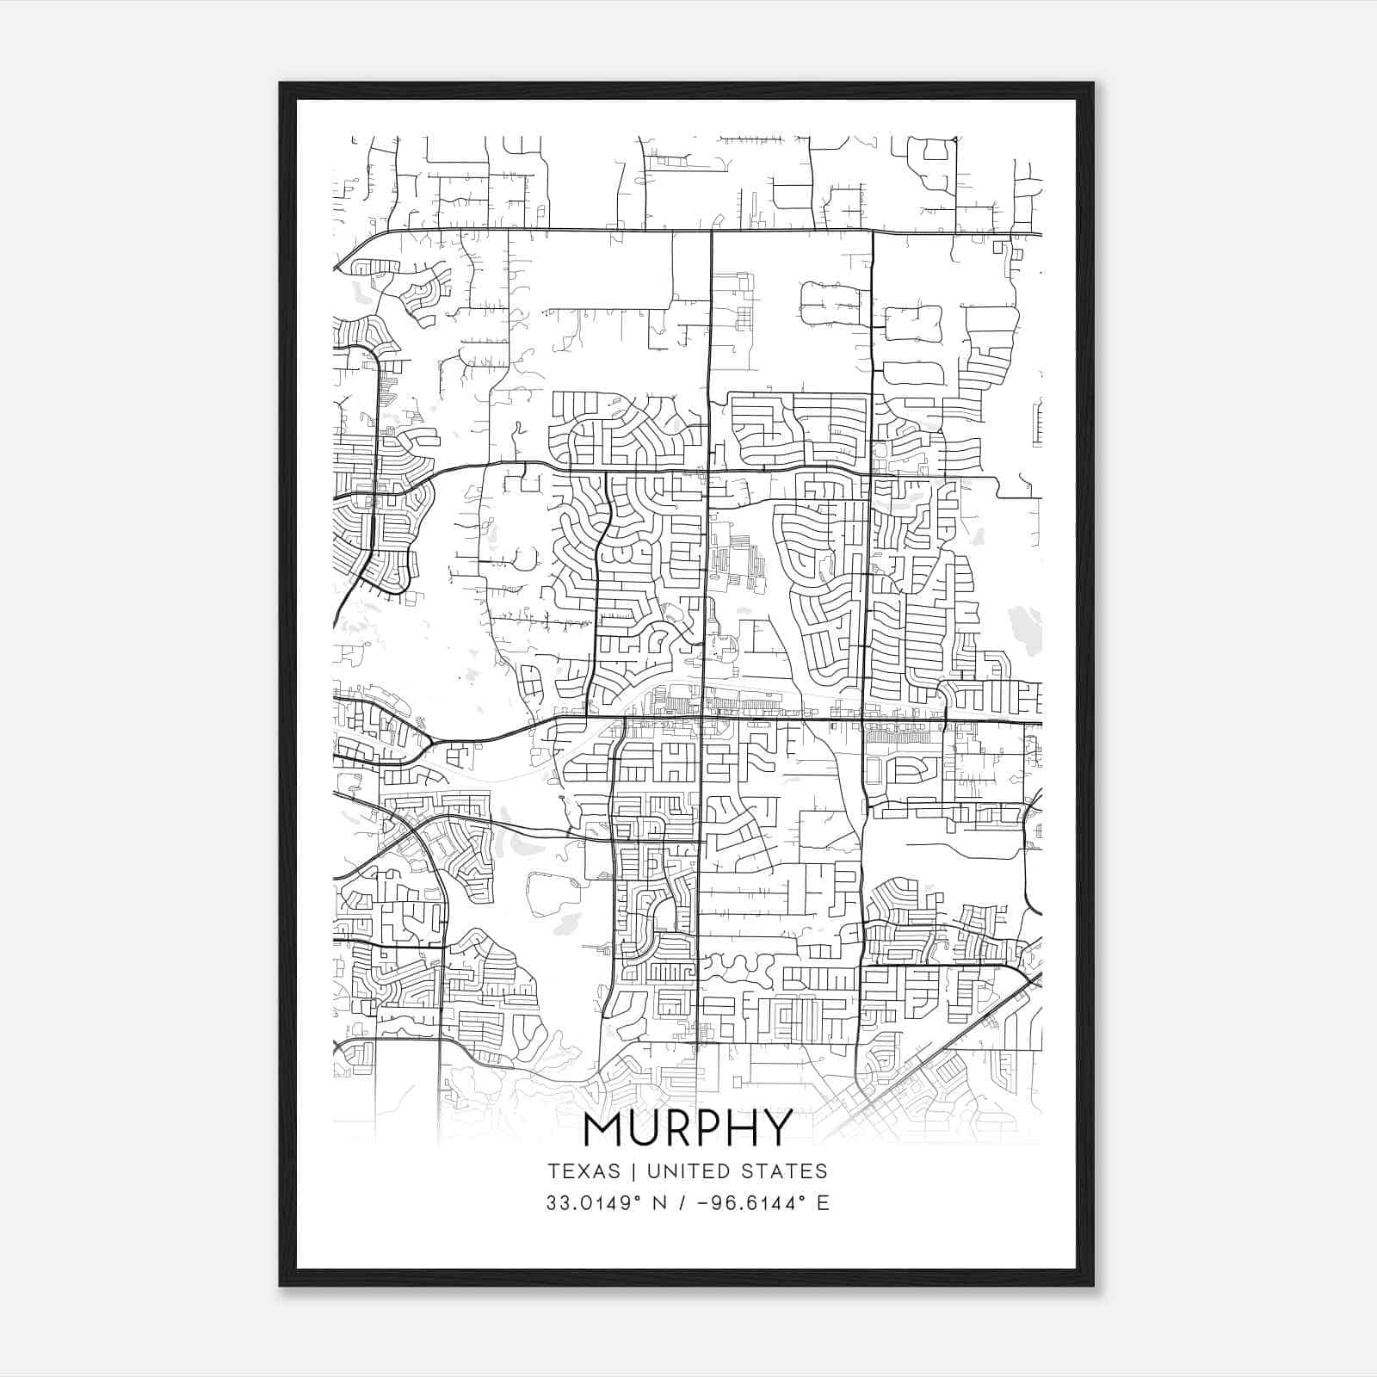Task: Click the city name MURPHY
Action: (688, 1128)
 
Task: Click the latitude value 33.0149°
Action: (595, 1203)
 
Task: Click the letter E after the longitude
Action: (823, 1203)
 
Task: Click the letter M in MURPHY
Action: (602, 1128)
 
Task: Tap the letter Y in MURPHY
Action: (776, 1128)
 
